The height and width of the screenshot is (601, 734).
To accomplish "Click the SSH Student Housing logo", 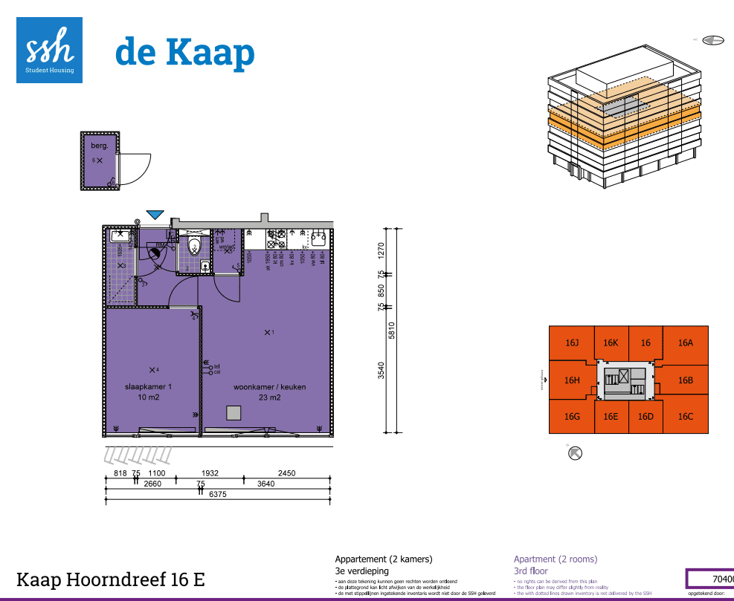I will (x=49, y=50).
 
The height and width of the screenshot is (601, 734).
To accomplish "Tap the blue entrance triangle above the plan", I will (x=155, y=215).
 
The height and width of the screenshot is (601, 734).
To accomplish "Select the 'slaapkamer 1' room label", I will (x=149, y=387).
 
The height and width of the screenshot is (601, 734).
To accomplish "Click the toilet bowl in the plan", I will (x=195, y=246).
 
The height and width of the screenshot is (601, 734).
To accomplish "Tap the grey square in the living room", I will (x=234, y=413).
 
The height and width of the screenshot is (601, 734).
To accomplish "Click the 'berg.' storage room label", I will (x=100, y=146).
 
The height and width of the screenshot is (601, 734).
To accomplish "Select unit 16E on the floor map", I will (x=611, y=417).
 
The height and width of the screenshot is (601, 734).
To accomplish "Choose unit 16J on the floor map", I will (x=572, y=343).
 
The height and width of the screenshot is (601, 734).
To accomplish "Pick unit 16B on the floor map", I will (x=685, y=380).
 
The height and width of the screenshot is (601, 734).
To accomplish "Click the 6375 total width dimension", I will (x=219, y=495).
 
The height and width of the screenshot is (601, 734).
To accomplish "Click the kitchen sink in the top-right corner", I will (x=320, y=238).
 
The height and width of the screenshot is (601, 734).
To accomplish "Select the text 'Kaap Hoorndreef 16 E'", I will (x=110, y=579).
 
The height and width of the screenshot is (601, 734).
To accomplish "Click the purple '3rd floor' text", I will (x=530, y=571).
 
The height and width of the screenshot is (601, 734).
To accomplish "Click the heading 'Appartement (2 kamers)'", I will (x=383, y=559).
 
